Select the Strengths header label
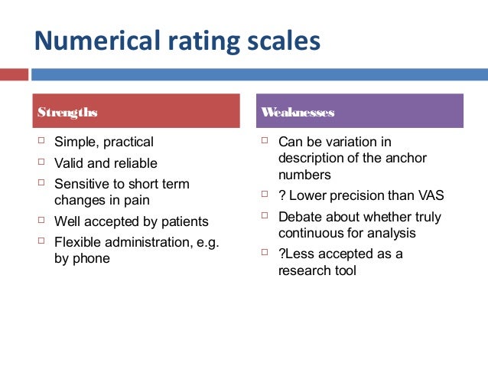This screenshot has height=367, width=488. click(67, 112)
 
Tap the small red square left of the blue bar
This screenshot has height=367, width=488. click(14, 75)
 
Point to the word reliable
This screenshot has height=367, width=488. click(132, 163)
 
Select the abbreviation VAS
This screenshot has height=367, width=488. click(428, 195)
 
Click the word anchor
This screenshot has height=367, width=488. click(405, 158)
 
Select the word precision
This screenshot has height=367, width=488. click(360, 195)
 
